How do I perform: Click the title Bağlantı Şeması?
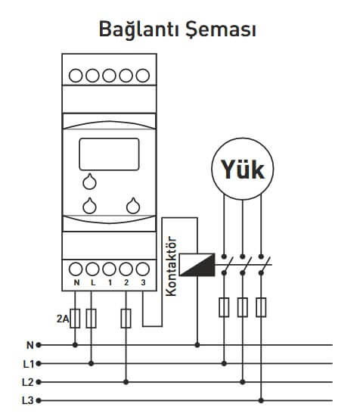pos(178,30)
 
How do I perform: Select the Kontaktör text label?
pos(171,266)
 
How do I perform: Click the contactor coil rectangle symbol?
pos(197,265)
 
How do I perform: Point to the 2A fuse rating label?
pos(63,319)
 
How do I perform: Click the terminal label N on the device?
pos(76,282)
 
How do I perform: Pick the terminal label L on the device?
pos(93,282)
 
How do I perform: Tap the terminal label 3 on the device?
pos(143,282)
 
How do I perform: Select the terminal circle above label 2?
pos(126,269)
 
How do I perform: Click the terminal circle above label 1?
pos(109,269)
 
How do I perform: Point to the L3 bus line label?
pos(28,401)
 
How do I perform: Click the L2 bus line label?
pos(28,382)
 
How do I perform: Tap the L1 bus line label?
pos(29,364)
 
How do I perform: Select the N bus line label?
pos(30,345)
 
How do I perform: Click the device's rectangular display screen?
pos(109,154)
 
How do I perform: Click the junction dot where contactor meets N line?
pos(197,345)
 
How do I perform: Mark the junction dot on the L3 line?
pos(261,401)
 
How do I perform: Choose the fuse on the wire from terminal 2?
pos(126,319)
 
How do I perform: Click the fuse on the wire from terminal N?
pos(75,319)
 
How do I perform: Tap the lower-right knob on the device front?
pos(133,206)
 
